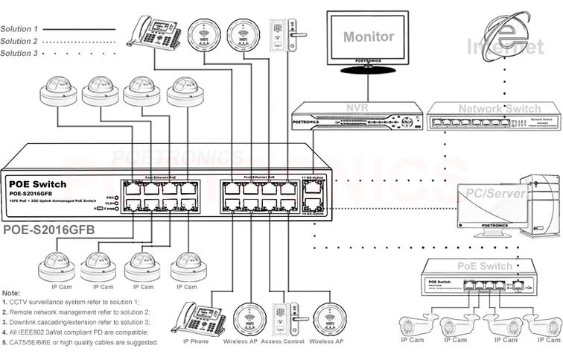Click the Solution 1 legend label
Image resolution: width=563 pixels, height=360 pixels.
(19, 29)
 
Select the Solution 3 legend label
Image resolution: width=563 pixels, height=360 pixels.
(19, 54)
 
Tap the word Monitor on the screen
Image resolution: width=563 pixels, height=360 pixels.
(369, 37)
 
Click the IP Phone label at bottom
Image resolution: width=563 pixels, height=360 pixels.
(196, 341)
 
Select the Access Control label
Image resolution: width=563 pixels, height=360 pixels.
(282, 341)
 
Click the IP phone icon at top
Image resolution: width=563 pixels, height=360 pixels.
(153, 33)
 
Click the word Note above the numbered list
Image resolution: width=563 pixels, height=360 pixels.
(12, 293)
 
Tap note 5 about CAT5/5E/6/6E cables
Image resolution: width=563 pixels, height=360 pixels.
(80, 342)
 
